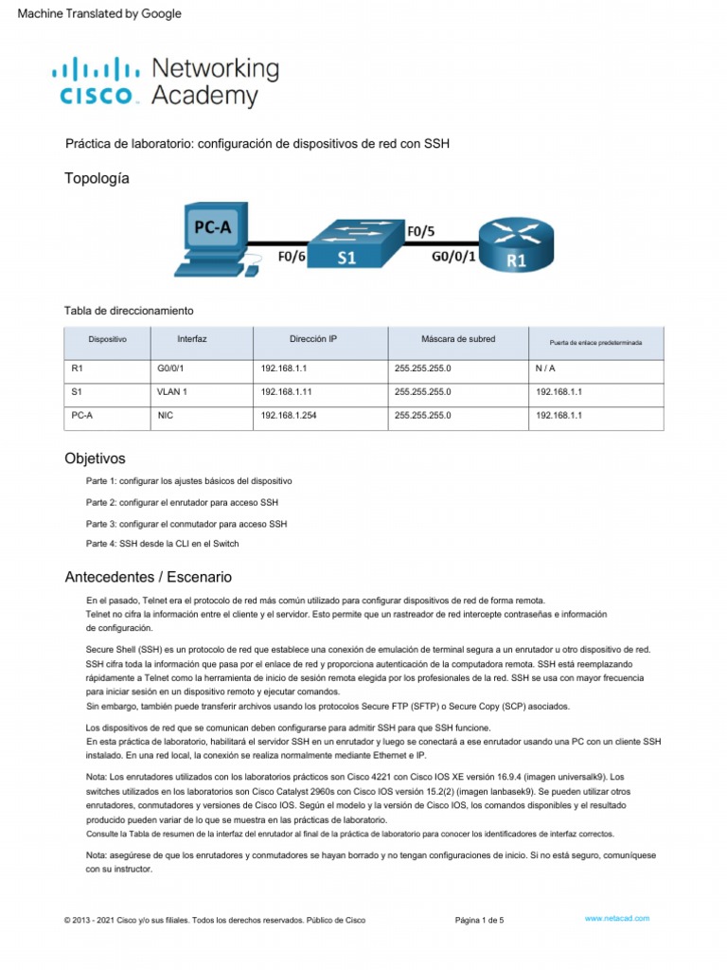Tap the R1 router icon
pos(514,245)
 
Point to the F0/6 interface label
pos(292,256)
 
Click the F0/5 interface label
pos(420,230)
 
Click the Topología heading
pos(97,178)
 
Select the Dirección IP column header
pos(312,338)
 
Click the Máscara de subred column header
pos(457,338)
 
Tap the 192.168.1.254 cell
pos(292,415)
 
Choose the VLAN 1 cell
pos(174,390)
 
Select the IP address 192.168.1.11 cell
pos(289,390)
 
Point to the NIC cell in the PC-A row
pos(167,415)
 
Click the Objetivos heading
pos(95,458)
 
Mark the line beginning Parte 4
pos(162,543)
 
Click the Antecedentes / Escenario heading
pos(148,577)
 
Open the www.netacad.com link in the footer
pos(616,919)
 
